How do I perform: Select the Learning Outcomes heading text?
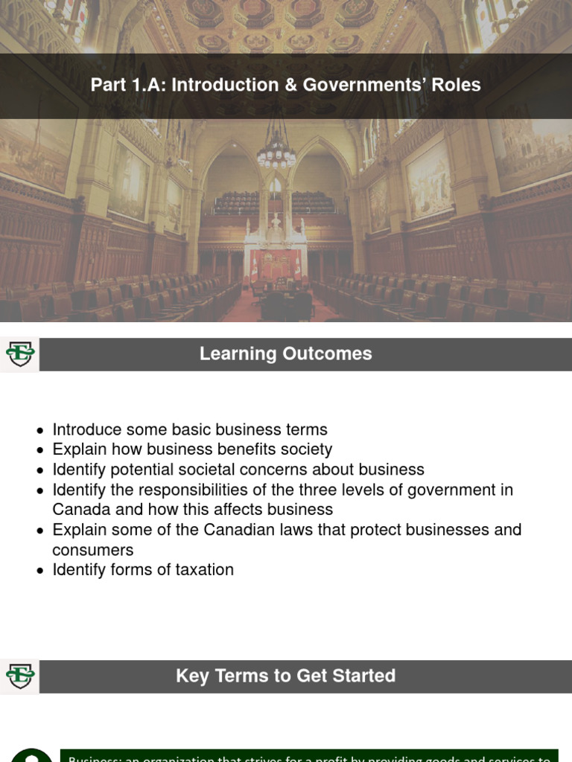(x=285, y=353)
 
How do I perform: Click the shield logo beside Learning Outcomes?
(x=20, y=354)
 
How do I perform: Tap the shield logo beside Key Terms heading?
(x=20, y=676)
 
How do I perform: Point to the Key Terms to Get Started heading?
(x=285, y=676)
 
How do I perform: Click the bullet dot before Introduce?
(x=41, y=430)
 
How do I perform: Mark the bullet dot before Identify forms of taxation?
(x=41, y=571)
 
